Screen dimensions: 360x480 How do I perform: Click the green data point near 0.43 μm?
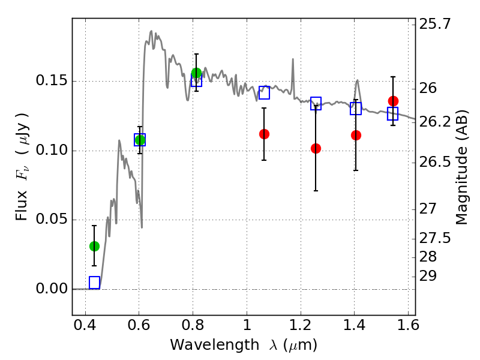(x=94, y=246)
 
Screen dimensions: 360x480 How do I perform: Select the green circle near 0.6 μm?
(x=140, y=140)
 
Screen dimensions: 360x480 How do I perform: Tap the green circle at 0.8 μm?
(x=196, y=73)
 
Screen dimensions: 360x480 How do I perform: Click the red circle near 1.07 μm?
(x=264, y=134)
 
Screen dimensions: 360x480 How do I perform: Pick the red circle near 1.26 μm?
(x=316, y=148)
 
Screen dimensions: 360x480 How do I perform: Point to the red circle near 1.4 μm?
(x=356, y=135)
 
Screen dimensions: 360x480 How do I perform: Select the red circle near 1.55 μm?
(x=393, y=101)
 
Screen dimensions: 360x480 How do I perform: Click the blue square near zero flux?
(x=94, y=283)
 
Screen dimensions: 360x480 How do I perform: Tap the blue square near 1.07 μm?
(x=264, y=92)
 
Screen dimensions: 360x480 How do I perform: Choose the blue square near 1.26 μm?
(x=316, y=103)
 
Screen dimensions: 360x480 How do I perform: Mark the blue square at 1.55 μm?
(x=393, y=114)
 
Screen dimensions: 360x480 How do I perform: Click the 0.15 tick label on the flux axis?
(x=53, y=82)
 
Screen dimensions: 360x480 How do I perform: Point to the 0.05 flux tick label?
(x=53, y=220)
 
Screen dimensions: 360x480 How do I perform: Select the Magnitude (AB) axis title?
(x=461, y=167)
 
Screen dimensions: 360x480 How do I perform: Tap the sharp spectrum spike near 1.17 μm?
(x=293, y=60)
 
